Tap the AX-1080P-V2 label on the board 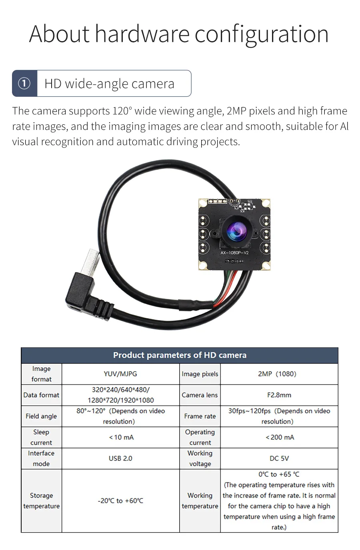pos(234,253)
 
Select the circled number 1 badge pos(24,84)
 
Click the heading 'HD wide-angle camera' pos(109,84)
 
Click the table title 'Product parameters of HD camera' pos(180,355)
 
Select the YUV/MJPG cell pos(120,374)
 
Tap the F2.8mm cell pos(279,395)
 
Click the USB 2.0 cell pos(120,458)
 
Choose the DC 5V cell pos(279,458)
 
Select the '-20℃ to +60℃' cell pos(120,500)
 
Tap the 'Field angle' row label pos(41,416)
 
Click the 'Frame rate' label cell pos(200,416)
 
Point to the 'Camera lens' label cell pos(200,395)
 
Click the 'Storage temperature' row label pos(41,500)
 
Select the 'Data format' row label pos(41,395)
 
